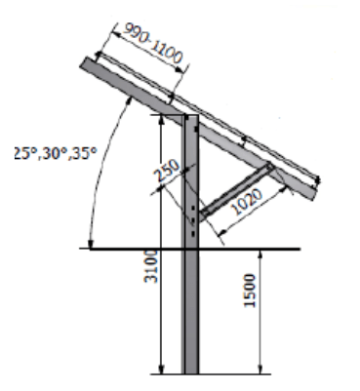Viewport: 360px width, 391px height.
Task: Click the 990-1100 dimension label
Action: (x=152, y=44)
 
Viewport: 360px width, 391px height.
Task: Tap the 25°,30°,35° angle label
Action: (x=56, y=153)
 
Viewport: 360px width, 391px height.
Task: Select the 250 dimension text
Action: (x=168, y=171)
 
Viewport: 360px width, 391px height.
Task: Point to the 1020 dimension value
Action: (x=248, y=202)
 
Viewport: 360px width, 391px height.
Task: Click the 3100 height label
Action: (x=151, y=266)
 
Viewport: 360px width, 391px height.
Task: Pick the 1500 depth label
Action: (x=250, y=291)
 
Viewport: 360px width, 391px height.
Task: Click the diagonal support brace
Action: (x=236, y=192)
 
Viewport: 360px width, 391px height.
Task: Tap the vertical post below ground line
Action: (x=190, y=312)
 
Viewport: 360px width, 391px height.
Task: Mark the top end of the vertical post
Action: (x=191, y=116)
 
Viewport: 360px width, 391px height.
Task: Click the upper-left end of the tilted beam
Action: (x=84, y=62)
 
